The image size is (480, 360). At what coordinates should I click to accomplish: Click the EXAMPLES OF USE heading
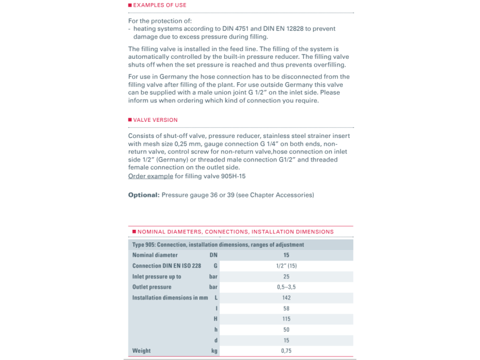click(x=159, y=5)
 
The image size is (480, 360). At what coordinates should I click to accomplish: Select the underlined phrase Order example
click(x=151, y=176)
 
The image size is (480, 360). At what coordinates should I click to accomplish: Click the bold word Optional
click(x=143, y=195)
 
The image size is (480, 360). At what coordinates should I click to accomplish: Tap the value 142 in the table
click(x=286, y=298)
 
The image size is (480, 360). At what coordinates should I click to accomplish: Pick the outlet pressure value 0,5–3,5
click(x=286, y=287)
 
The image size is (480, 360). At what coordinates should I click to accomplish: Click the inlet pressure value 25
click(x=286, y=277)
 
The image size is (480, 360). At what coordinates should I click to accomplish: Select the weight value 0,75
click(x=286, y=350)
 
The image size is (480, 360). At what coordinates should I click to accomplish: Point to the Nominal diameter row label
click(x=154, y=255)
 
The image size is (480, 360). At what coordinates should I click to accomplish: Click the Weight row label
click(x=142, y=350)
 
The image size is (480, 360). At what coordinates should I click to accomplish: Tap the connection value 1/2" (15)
click(x=286, y=266)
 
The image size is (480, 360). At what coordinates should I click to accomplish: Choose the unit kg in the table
click(x=214, y=350)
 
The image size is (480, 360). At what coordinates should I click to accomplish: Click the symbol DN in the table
click(x=214, y=255)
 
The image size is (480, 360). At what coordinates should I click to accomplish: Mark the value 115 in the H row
click(x=286, y=319)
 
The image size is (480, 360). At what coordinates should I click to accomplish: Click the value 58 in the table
click(x=286, y=308)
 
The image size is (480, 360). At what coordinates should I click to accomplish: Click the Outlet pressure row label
click(x=152, y=287)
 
